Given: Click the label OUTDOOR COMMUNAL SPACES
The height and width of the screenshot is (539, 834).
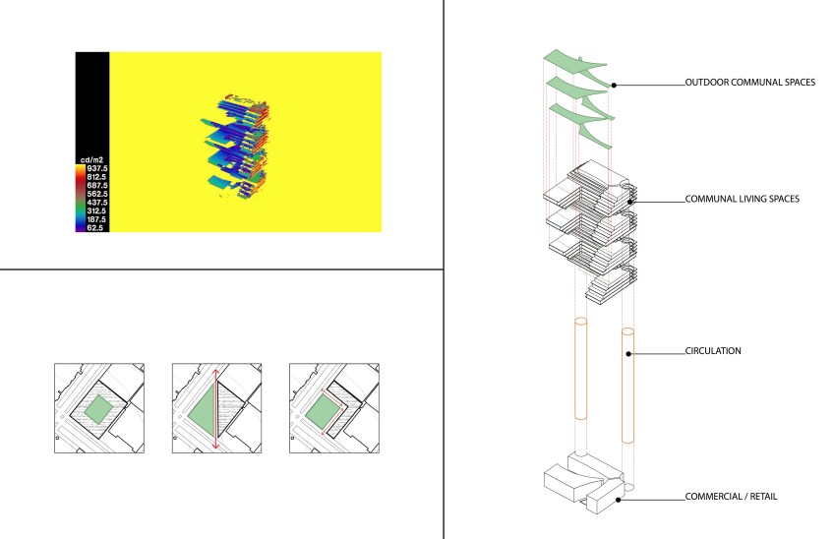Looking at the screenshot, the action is (750, 82).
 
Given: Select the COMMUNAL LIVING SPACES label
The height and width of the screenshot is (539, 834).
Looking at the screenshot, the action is (742, 199).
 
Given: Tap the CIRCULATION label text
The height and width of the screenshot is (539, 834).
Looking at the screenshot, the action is (713, 350).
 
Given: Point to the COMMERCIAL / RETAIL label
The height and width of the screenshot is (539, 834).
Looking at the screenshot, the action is (731, 497).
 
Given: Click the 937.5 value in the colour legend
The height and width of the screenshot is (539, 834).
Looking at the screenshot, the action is (96, 168).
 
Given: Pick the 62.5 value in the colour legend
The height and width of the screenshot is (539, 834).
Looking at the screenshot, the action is (94, 228).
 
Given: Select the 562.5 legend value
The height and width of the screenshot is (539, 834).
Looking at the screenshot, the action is (96, 194).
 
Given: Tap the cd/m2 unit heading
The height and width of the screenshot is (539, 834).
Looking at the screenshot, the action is (91, 159).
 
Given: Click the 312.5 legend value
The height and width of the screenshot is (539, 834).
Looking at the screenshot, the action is (96, 210).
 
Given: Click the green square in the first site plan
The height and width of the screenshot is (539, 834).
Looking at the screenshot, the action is (98, 409).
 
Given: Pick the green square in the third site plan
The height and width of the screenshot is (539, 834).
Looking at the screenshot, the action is (323, 411).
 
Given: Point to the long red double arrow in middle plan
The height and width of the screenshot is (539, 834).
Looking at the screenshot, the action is (215, 409).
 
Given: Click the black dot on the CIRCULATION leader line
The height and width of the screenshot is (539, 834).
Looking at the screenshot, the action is (628, 354).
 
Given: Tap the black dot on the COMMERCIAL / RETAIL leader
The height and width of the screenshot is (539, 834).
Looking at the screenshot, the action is (619, 500).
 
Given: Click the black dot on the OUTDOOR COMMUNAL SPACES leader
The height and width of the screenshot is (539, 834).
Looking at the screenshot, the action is (614, 86).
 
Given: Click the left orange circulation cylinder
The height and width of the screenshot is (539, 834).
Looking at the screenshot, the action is (581, 369).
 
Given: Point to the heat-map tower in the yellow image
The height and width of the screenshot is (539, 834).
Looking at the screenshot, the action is (237, 147).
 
